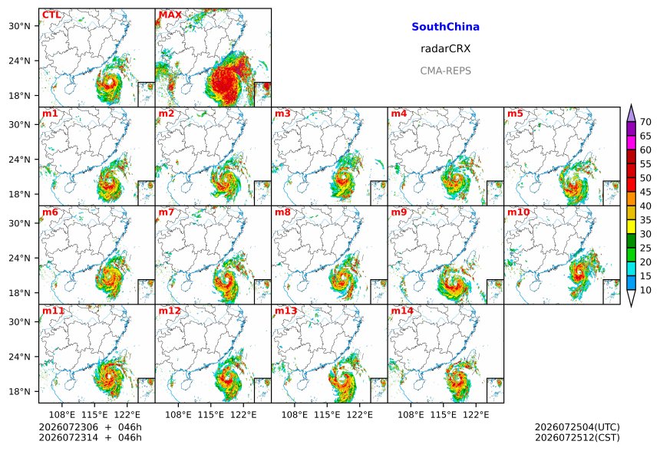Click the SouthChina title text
click(445, 27)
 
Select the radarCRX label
click(445, 49)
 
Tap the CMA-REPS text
click(445, 71)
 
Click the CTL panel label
click(51, 15)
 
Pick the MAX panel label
click(170, 15)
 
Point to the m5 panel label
click(515, 114)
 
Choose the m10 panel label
click(518, 212)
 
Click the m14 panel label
click(402, 311)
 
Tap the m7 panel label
click(166, 212)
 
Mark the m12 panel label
click(169, 311)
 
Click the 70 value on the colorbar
click(645, 122)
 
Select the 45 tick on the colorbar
click(645, 193)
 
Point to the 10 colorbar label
click(645, 290)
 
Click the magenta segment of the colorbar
click(631, 143)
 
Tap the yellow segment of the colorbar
click(631, 227)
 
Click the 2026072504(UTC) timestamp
click(577, 427)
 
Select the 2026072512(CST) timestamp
click(577, 437)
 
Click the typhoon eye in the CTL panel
click(111, 83)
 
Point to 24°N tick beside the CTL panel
click(19, 61)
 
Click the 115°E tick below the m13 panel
click(327, 415)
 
